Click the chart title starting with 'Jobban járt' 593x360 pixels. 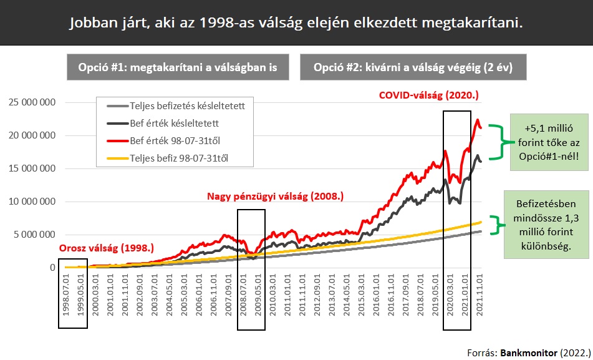point(296,23)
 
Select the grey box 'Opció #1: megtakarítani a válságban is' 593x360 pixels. point(178,67)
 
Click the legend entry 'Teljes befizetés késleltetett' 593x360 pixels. point(186,106)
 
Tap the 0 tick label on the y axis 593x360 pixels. point(52,268)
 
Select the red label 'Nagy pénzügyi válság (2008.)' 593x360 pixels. point(275,197)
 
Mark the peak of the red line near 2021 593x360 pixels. point(477,120)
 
